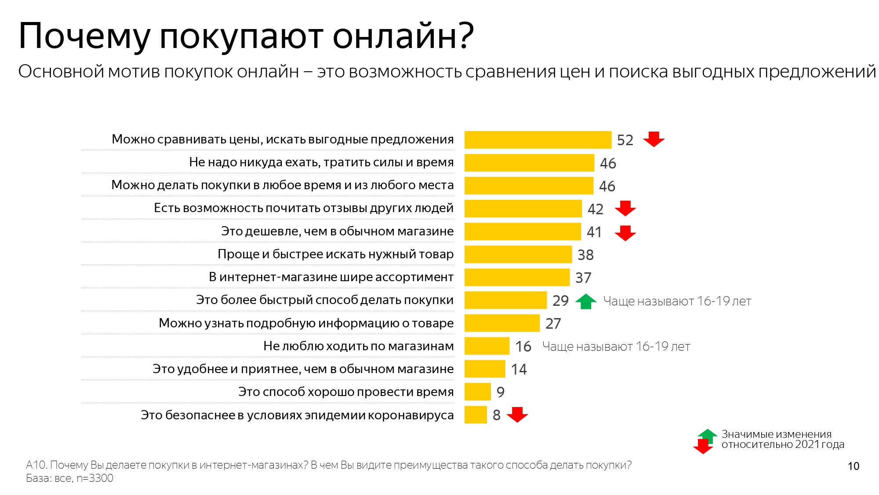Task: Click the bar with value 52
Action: click(x=538, y=140)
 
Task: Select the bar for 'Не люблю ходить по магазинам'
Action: click(x=487, y=346)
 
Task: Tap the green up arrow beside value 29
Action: click(x=585, y=301)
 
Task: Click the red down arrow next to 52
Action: click(x=654, y=139)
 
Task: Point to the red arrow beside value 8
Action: click(x=517, y=414)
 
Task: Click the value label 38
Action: click(x=585, y=255)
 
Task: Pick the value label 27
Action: click(x=553, y=323)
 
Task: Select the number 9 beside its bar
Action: click(x=500, y=392)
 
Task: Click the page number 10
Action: click(x=853, y=466)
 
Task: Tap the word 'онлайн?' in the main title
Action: click(x=403, y=36)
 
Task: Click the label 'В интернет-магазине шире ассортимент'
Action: click(x=331, y=277)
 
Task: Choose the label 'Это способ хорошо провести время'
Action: click(x=346, y=392)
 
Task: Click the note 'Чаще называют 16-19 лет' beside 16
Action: click(x=616, y=346)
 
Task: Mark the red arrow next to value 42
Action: click(x=625, y=208)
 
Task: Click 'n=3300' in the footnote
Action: click(x=94, y=478)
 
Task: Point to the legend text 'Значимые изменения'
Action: click(x=776, y=434)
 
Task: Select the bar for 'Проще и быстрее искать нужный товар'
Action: click(x=518, y=254)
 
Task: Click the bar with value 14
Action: click(x=484, y=369)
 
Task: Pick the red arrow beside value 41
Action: click(x=625, y=233)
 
